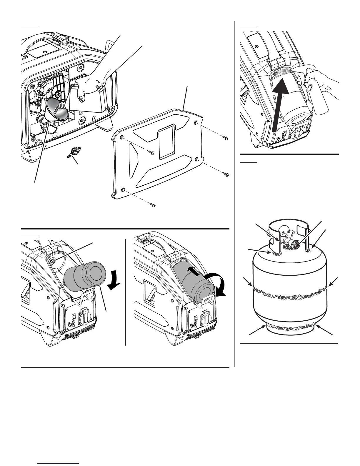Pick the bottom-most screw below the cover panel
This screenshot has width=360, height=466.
[153, 205]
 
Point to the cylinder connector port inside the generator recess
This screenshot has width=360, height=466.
[52, 260]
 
